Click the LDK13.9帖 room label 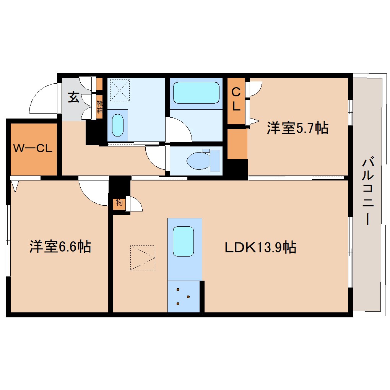pyautogui.click(x=260, y=247)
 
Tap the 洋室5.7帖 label pyautogui.click(x=297, y=128)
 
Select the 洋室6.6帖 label pyautogui.click(x=60, y=247)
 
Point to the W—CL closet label pyautogui.click(x=33, y=149)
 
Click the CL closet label pyautogui.click(x=236, y=99)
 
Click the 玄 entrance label pyautogui.click(x=73, y=97)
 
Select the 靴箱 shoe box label pyautogui.click(x=99, y=107)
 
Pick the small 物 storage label pyautogui.click(x=119, y=203)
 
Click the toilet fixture pyautogui.click(x=203, y=160)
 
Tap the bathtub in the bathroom pyautogui.click(x=196, y=92)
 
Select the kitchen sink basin pyautogui.click(x=183, y=241)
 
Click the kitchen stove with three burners pyautogui.click(x=183, y=296)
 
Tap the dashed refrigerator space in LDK pyautogui.click(x=143, y=258)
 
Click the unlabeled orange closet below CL pyautogui.click(x=237, y=144)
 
